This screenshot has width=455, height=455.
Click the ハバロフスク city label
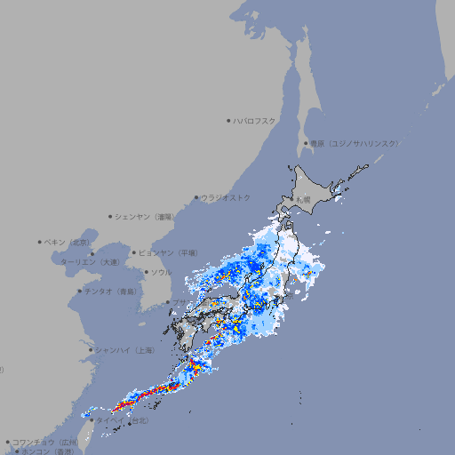coord(255,120)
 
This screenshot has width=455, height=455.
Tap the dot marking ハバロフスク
coord(229,120)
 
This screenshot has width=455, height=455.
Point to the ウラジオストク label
coord(226,197)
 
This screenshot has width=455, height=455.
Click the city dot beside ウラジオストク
coord(197,197)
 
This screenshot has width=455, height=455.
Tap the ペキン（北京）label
coord(68,242)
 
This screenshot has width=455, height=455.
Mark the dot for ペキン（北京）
coord(40,242)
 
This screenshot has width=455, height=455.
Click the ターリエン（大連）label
coord(90,262)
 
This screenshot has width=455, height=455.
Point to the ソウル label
coord(161,272)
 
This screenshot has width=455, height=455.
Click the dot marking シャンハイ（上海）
coord(91,350)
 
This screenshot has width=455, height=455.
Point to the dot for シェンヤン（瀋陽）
coord(110,216)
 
